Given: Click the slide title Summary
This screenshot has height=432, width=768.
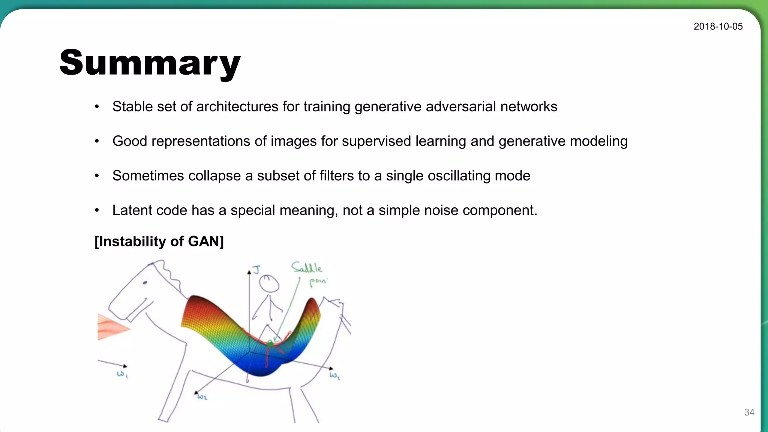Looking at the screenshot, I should tap(150, 63).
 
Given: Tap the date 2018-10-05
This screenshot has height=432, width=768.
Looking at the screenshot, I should tap(718, 26).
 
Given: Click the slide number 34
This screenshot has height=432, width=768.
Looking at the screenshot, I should tap(749, 412).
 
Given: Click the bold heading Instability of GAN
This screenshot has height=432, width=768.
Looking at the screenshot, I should tap(159, 241).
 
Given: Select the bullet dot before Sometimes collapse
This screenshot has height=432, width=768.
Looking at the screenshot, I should tap(97, 175).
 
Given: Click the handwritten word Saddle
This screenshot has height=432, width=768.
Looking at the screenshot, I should tap(306, 268).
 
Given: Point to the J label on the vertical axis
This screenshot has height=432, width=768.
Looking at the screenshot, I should tap(256, 270).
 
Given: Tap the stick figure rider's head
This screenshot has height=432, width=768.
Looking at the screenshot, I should tap(269, 284).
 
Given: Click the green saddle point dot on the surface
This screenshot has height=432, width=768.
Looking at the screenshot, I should tap(270, 343).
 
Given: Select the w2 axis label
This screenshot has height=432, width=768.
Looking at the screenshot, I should tap(202, 397).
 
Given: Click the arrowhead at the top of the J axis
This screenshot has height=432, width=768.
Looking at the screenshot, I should tap(249, 272).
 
